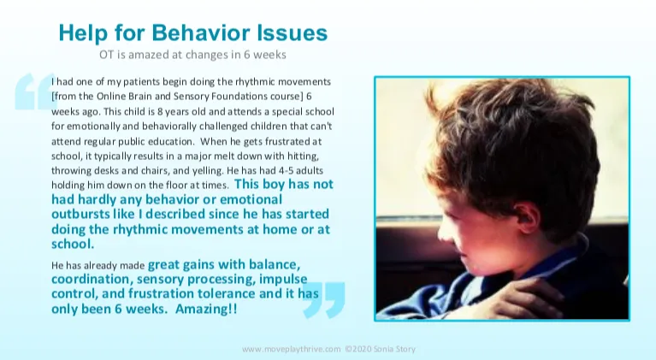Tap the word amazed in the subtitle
(x=158, y=55)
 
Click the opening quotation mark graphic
(x=34, y=91)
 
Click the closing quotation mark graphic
(x=324, y=299)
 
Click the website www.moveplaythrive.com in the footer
(x=292, y=349)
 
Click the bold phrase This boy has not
(x=282, y=184)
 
